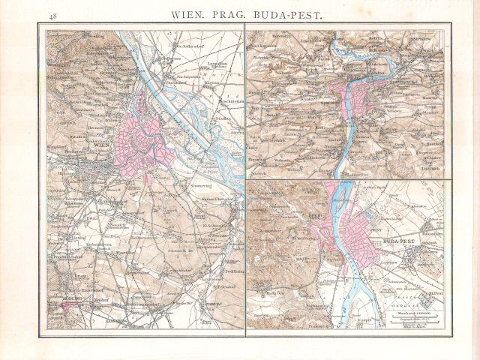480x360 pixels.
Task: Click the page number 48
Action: (x=52, y=15)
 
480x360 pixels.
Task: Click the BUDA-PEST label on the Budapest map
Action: (x=400, y=242)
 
